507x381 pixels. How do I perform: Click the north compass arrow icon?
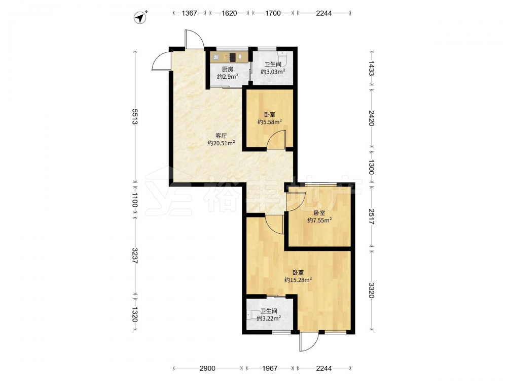(140, 17)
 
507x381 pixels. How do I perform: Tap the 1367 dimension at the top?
(189, 13)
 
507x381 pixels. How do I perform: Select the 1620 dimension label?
(229, 13)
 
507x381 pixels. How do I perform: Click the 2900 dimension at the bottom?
(207, 368)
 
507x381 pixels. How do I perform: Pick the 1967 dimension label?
(270, 368)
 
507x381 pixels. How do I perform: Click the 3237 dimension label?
(134, 256)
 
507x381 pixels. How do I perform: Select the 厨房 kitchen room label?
(227, 69)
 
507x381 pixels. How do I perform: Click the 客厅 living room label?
(221, 136)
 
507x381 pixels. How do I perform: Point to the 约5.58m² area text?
(269, 122)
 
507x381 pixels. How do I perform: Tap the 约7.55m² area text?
(319, 220)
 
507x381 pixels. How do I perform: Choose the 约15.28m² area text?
(298, 280)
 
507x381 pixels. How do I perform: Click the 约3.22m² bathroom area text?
(269, 318)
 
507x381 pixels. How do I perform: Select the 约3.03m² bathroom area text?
(273, 72)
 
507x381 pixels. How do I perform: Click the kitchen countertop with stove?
(229, 57)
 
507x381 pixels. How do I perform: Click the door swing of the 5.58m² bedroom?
(276, 139)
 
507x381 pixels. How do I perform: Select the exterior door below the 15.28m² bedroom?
(309, 341)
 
